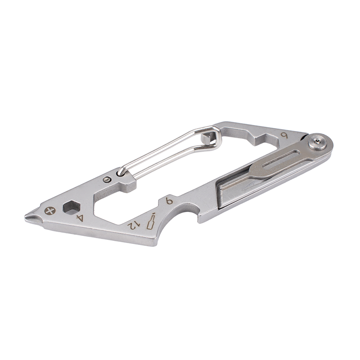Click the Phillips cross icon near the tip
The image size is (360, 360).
point(50,211)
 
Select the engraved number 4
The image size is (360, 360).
point(80,218)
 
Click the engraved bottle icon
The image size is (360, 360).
point(151,221)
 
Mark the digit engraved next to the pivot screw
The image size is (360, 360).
point(284,136)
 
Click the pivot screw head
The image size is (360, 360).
point(318,143)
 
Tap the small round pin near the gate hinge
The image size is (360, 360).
point(107,179)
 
